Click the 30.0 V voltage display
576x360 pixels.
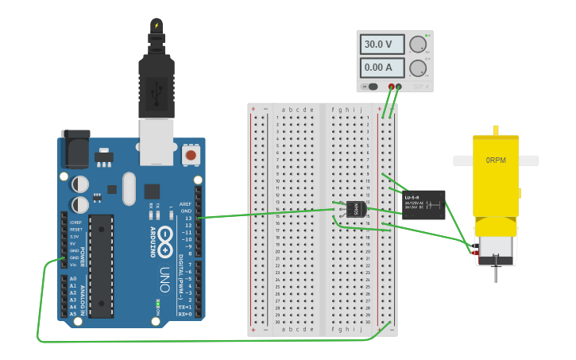[382, 44]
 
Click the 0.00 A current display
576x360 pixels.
[382, 68]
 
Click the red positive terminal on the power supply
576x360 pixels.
[391, 86]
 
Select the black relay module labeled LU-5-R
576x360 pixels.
[423, 204]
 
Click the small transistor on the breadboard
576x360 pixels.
[355, 209]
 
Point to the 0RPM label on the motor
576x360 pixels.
[495, 161]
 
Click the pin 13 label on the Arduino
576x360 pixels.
[187, 218]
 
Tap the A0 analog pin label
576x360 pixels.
[73, 279]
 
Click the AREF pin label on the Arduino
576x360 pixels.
[186, 203]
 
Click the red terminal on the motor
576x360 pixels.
[475, 253]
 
